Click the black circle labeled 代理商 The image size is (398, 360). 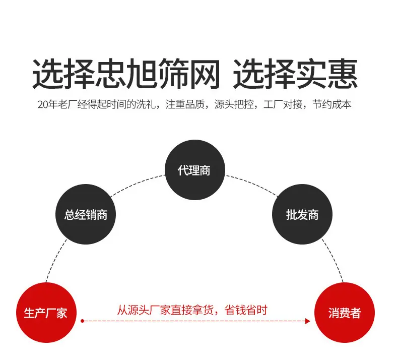point(194,170)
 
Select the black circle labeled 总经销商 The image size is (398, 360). point(86,214)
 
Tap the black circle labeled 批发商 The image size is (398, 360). point(302,214)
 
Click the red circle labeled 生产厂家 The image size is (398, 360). point(46,313)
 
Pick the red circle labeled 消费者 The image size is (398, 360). point(345,313)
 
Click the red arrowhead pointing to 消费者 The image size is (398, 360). point(308,321)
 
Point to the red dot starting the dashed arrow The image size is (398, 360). point(82,321)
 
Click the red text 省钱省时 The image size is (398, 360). point(246,310)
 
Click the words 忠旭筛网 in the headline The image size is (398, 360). point(157,74)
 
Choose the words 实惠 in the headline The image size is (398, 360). point(326,74)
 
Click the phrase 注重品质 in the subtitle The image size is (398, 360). point(185,104)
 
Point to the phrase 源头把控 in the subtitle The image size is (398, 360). point(234,104)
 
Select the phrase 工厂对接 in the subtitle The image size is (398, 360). point(283,104)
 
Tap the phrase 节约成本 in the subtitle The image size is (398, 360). point(332,104)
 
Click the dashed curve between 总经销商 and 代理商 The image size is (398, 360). point(137,184)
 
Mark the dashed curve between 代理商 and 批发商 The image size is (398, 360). point(252,184)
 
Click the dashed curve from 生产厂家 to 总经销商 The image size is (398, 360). point(54,260)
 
